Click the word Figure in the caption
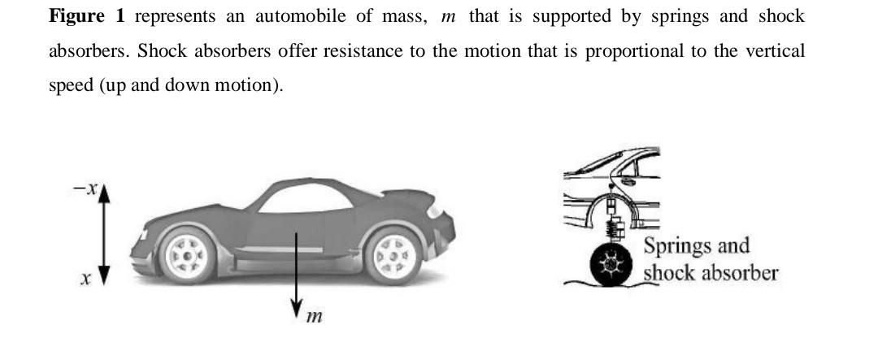(x=76, y=16)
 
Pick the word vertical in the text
(x=772, y=51)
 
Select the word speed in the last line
(x=71, y=85)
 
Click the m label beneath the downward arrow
(x=313, y=316)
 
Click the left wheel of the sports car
(x=186, y=256)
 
